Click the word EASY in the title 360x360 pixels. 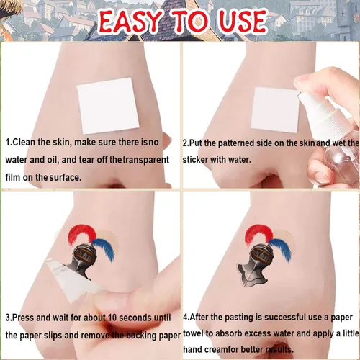click(130, 21)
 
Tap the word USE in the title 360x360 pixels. click(243, 21)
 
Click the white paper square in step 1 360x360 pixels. click(108, 106)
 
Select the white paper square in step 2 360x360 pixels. click(275, 109)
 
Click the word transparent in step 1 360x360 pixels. click(146, 160)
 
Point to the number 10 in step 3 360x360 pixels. click(112, 318)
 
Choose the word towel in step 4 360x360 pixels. click(193, 333)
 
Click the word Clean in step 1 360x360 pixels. click(24, 142)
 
